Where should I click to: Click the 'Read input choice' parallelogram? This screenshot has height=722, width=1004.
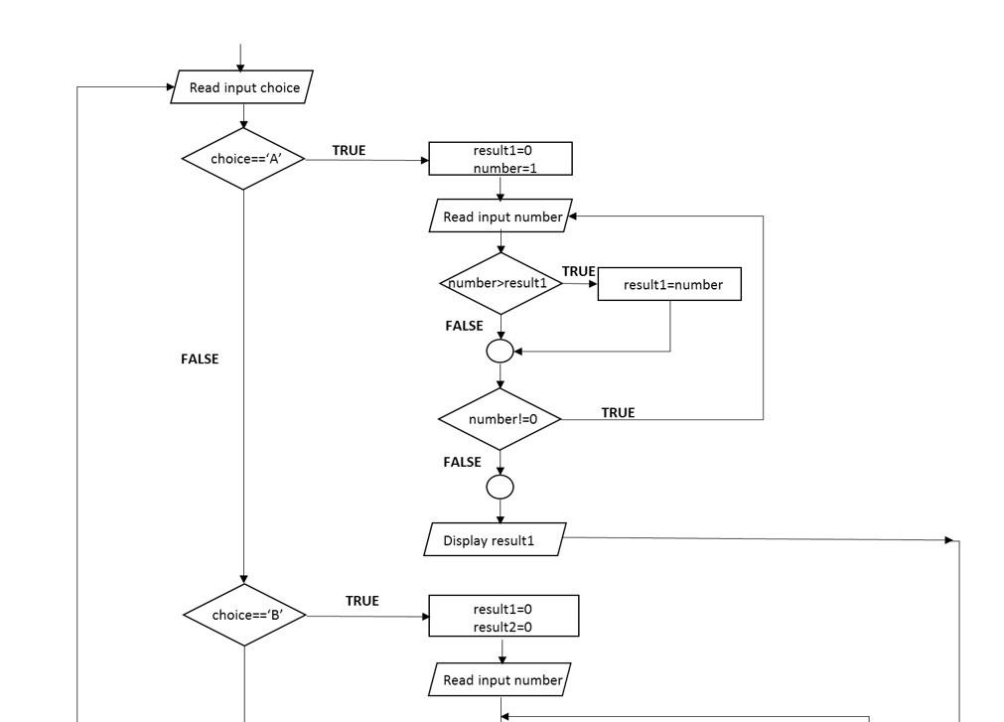243,87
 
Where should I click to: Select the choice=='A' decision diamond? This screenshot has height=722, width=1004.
243,158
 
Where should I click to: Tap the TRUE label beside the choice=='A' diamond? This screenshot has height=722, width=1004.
349,151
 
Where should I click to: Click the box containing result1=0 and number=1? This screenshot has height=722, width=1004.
501,159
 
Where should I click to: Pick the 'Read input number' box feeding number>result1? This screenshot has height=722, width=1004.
501,217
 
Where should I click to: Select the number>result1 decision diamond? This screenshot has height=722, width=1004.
501,283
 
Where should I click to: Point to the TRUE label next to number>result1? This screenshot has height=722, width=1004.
578,271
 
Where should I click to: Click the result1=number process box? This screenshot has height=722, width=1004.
671,285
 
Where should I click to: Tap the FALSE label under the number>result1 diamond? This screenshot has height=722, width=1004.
464,326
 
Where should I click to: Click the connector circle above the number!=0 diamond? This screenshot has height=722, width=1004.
501,351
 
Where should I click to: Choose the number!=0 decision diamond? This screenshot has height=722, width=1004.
501,419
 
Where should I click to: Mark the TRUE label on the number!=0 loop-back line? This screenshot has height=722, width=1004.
618,412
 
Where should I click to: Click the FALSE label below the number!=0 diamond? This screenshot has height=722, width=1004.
463,462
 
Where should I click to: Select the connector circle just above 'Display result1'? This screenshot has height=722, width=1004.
501,487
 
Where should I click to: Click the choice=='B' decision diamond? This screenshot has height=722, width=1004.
244,614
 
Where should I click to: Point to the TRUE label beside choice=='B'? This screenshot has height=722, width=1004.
361,601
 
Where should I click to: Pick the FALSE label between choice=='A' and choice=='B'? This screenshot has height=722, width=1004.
200,359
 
